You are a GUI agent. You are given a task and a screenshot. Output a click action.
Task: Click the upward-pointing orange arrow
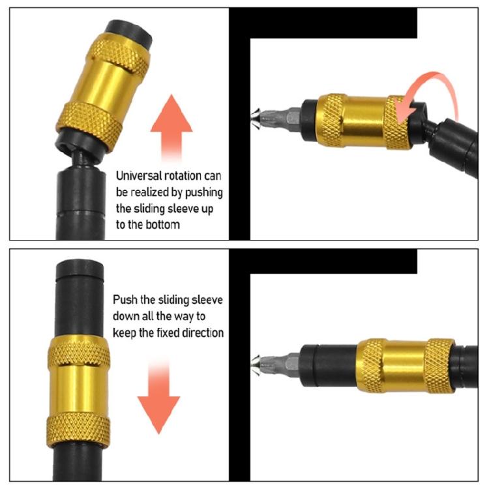point(171,130)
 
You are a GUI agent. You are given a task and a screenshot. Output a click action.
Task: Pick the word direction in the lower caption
point(203,332)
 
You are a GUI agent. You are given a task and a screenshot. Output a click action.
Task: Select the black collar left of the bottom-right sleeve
point(333,362)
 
